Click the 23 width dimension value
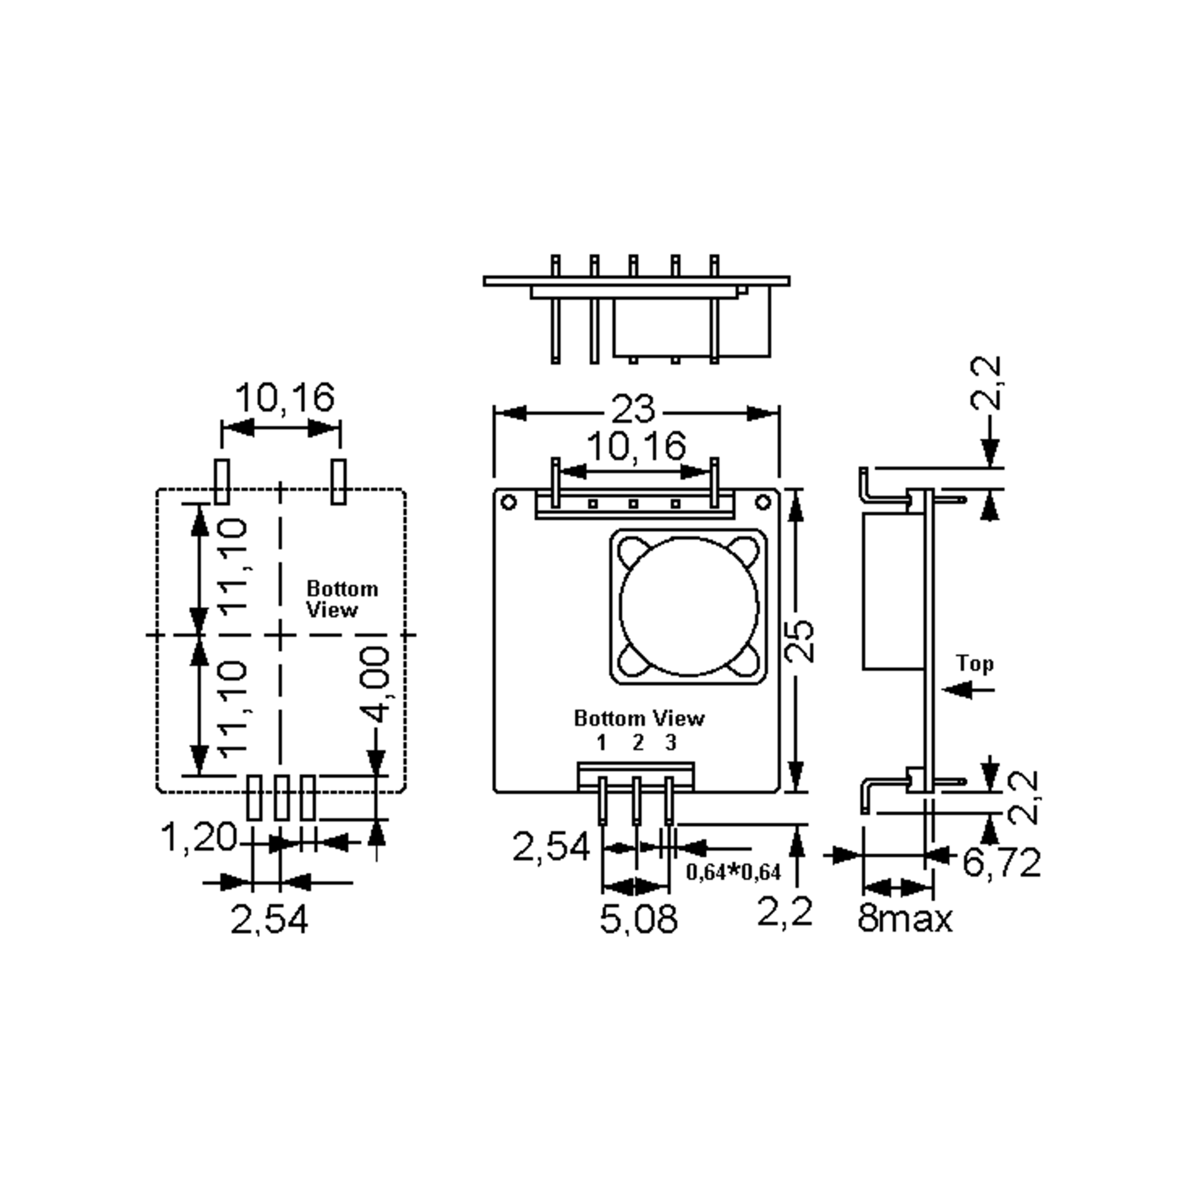633,410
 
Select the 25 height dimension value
801,641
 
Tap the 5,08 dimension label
638,919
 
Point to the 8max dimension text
904,919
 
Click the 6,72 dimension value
1001,862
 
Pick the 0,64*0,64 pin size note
733,872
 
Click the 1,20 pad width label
198,837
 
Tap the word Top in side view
975,664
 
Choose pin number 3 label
671,743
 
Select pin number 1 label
601,743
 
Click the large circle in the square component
689,606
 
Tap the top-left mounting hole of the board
509,503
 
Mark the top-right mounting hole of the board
763,503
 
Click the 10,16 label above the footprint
285,398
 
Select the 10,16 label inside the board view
636,446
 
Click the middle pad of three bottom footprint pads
281,798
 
